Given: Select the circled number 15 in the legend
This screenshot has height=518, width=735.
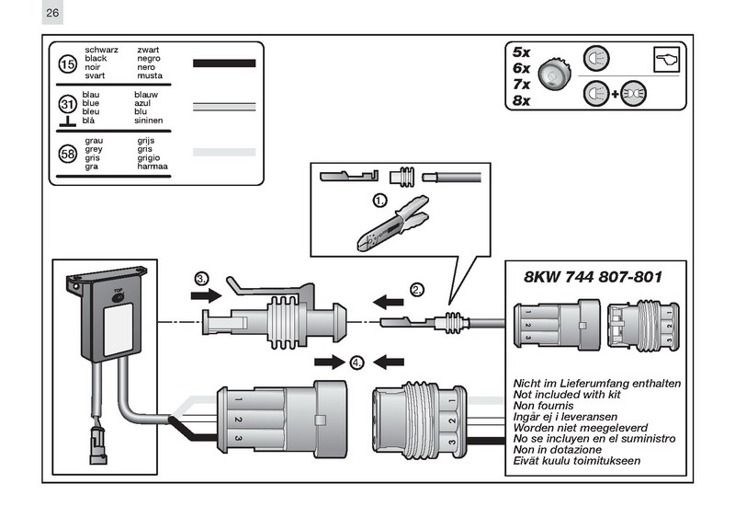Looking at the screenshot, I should coord(67,63).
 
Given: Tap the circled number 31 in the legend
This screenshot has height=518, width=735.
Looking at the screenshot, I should coord(67,105).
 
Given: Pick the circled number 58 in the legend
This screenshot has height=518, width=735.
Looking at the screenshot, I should coord(67,154).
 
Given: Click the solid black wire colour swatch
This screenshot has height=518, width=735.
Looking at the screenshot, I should coord(223,63).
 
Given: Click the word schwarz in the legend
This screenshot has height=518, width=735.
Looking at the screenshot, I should coord(101,49).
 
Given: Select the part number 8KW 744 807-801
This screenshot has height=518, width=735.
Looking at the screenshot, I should coord(593,276).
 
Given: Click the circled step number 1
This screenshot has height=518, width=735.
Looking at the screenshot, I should coord(379,199).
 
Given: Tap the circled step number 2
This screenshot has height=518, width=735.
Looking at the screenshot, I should coord(417,290).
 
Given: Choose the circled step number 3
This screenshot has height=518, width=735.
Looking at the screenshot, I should coord(202,278).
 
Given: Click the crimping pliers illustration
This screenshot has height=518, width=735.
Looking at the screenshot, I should coord(391,227).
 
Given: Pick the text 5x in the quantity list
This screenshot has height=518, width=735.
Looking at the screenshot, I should coord(522,52).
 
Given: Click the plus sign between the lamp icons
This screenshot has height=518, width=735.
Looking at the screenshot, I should coord(615,95).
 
